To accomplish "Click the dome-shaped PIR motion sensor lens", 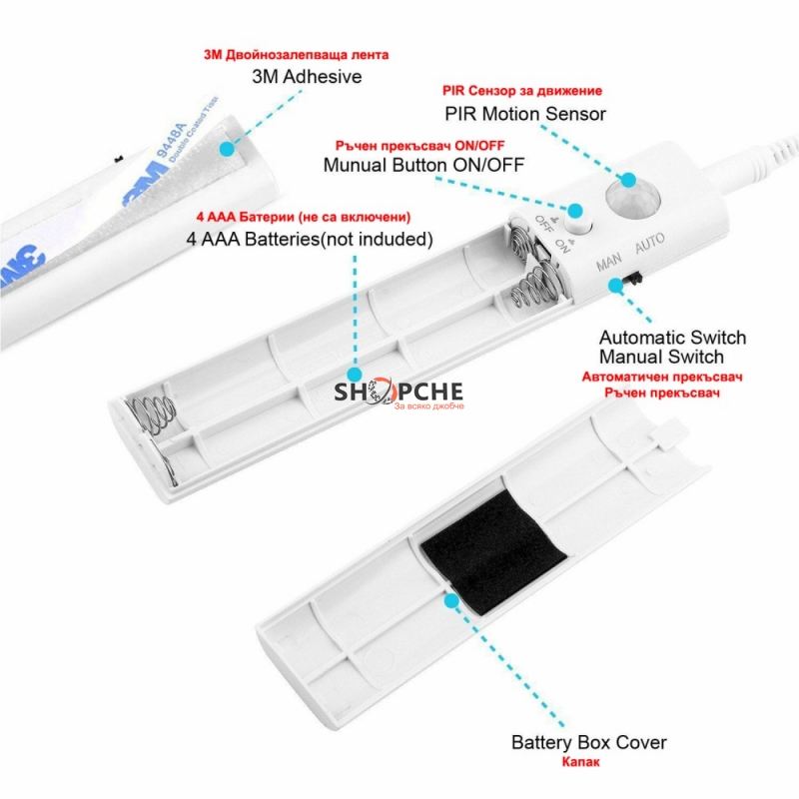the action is pyautogui.click(x=632, y=200).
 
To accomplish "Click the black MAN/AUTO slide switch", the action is pyautogui.click(x=634, y=279).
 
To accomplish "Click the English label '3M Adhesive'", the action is pyautogui.click(x=307, y=77).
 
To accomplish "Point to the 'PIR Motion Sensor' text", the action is pyautogui.click(x=525, y=114).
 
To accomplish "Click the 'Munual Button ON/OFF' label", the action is pyautogui.click(x=423, y=165).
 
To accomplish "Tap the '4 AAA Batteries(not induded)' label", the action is pyautogui.click(x=310, y=239).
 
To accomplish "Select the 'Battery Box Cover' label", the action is pyautogui.click(x=588, y=742).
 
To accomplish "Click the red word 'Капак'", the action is pyautogui.click(x=581, y=762).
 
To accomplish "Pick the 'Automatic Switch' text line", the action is pyautogui.click(x=672, y=338).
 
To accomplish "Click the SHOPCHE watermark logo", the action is pyautogui.click(x=399, y=393).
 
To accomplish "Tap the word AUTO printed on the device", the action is pyautogui.click(x=650, y=243).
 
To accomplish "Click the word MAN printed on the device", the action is pyautogui.click(x=609, y=262).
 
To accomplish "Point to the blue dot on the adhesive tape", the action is pyautogui.click(x=227, y=149).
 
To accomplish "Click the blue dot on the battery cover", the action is pyautogui.click(x=451, y=601).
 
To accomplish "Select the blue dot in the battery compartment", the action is pyautogui.click(x=356, y=375).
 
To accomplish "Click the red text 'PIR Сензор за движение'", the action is pyautogui.click(x=522, y=91).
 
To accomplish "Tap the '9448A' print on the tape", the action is pyautogui.click(x=172, y=139).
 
